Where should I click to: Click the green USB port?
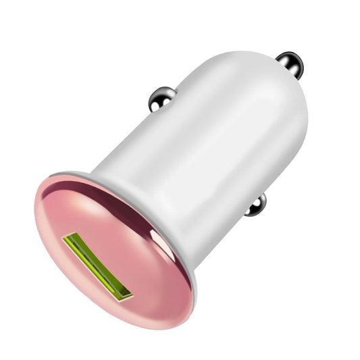click(97, 266)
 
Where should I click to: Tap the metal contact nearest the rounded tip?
click(291, 63)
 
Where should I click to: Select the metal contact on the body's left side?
click(161, 99)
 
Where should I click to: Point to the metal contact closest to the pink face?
click(257, 205)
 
